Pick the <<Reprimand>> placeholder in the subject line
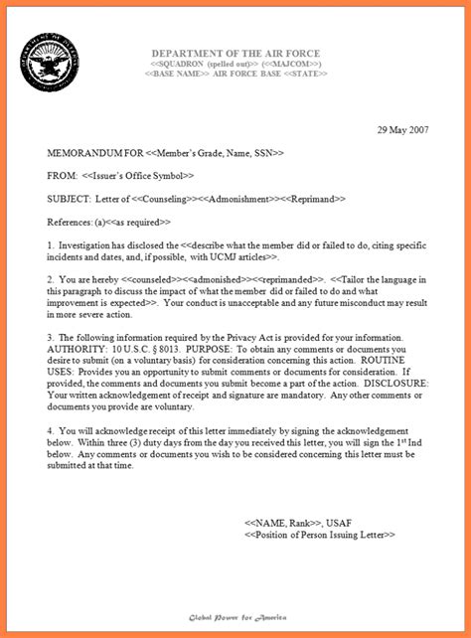pyautogui.click(x=315, y=199)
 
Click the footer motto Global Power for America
pyautogui.click(x=236, y=617)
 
